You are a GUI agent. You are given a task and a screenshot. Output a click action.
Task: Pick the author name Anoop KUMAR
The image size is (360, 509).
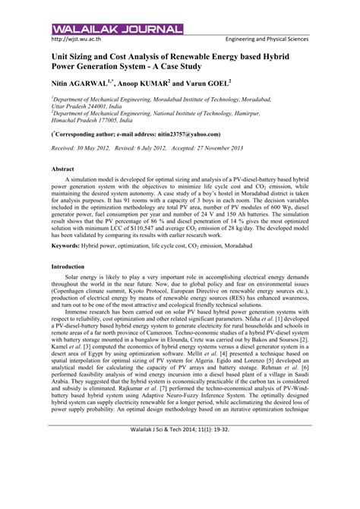156,84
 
